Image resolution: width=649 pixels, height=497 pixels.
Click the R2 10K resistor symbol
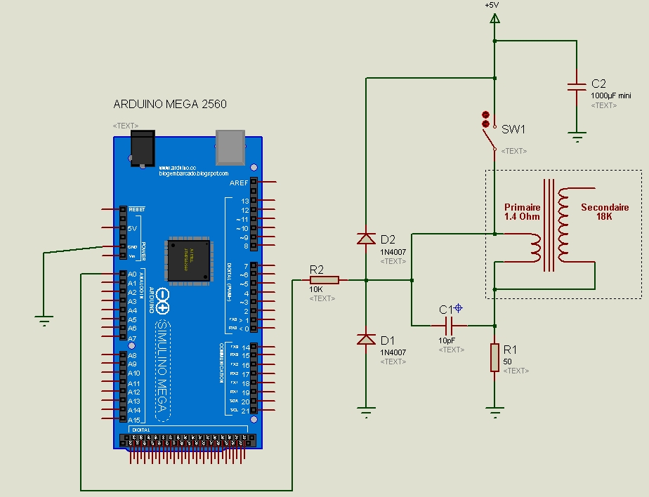coord(324,280)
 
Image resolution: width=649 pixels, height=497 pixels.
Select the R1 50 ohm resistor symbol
coord(494,357)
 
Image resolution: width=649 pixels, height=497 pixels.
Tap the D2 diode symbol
coord(365,239)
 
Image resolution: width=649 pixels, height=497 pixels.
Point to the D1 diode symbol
coord(365,340)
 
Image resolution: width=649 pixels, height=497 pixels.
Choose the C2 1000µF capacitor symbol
coord(576,86)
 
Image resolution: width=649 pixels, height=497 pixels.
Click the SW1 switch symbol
coord(487,131)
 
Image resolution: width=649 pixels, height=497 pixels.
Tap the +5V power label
coord(492,5)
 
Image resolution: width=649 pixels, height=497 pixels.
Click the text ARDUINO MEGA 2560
coord(170,105)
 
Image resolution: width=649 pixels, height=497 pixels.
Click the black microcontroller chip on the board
coord(188,260)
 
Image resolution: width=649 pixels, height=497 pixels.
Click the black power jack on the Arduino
coord(143,148)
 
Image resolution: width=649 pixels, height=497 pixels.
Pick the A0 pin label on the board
coord(132,274)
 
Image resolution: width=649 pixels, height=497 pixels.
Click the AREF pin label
coord(239,183)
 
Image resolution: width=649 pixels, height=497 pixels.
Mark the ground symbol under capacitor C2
coord(576,137)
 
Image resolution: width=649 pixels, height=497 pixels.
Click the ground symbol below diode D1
coord(365,412)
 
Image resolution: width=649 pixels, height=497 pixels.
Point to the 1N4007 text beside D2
coord(393,251)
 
